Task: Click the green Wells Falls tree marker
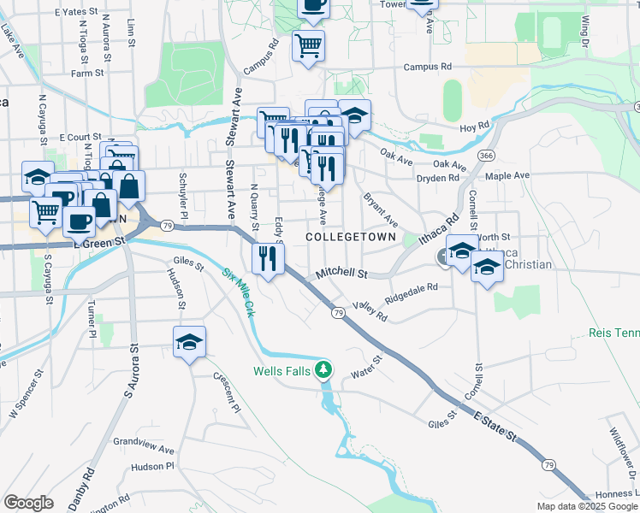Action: coord(323,370)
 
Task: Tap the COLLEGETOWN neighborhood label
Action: coord(352,236)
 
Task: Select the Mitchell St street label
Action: coord(341,274)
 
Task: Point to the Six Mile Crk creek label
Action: coord(240,292)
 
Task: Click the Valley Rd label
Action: coord(370,311)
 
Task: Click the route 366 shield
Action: coord(486,156)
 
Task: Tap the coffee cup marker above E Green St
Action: coord(80,221)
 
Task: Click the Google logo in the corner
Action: coord(28,503)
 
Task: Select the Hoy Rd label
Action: coord(472,128)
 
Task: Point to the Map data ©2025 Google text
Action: coord(586,506)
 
